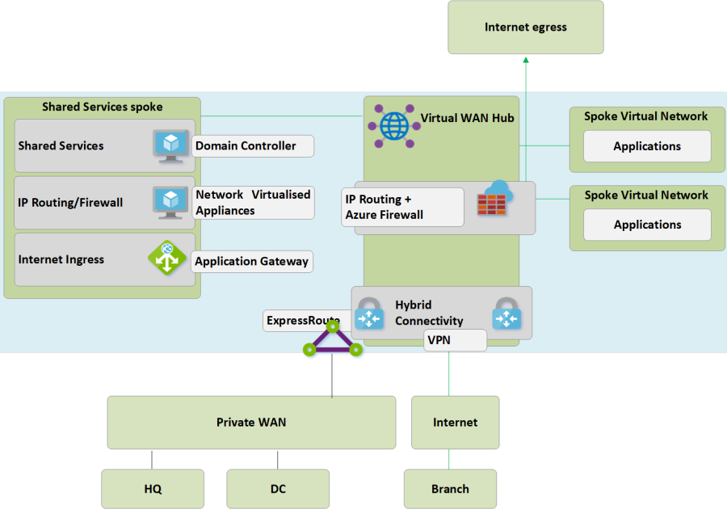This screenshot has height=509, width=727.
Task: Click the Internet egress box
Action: tap(526, 27)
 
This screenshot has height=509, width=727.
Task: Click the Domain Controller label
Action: tap(253, 146)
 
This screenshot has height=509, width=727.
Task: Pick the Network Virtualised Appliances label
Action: tap(253, 203)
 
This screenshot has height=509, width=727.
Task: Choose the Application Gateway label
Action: tap(252, 261)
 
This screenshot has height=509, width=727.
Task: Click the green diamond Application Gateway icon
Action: tap(167, 259)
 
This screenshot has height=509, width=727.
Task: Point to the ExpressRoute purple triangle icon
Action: tap(332, 340)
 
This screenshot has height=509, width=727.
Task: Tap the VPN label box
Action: tap(455, 340)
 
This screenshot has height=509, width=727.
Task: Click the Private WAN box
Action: tap(251, 423)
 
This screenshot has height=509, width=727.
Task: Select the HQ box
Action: tap(153, 489)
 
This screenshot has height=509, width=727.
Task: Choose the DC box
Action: tap(278, 489)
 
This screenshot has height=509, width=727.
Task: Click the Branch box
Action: tap(450, 489)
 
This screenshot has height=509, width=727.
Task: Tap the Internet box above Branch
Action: tap(455, 423)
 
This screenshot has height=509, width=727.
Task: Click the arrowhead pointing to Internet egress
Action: tap(526, 59)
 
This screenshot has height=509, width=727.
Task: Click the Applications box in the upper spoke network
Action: tap(647, 146)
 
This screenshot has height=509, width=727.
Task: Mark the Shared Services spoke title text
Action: tap(102, 107)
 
